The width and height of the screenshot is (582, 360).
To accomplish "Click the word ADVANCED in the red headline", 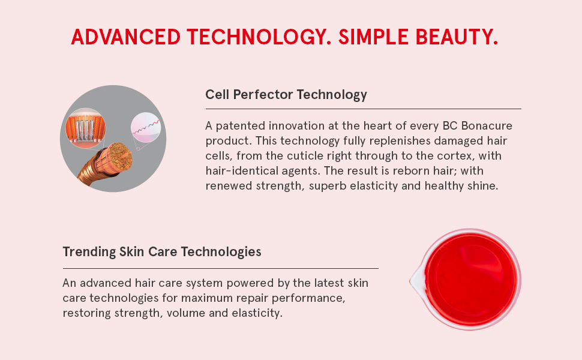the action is (x=125, y=37).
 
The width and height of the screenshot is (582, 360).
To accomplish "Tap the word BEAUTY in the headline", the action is (x=457, y=37).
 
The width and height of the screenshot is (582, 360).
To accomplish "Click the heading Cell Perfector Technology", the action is (x=286, y=95).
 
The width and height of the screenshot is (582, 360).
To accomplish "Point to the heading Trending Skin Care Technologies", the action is (x=162, y=252).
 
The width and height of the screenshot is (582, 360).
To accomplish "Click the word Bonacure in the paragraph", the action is (x=487, y=126).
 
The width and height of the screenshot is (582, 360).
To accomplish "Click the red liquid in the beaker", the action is (x=472, y=279).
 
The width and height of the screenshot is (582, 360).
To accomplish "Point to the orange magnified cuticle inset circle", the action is (x=85, y=128).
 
